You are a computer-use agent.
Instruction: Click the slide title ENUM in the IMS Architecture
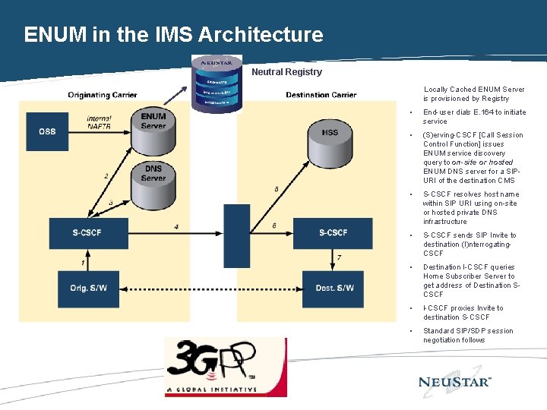pos(173,35)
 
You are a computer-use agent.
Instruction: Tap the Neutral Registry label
pos(286,72)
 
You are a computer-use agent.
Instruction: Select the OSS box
pos(47,131)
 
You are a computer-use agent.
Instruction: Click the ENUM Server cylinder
pos(153,121)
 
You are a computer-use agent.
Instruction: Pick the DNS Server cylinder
pos(153,174)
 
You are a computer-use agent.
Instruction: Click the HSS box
pos(330,133)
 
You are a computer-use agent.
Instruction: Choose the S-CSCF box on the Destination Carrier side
pos(333,232)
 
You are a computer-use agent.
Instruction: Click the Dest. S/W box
pos(334,289)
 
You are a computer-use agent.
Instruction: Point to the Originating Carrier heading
pos(103,95)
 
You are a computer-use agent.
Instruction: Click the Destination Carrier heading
pos(321,95)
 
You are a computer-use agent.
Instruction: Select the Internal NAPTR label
pos(99,122)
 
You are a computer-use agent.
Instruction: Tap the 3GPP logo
pos(225,367)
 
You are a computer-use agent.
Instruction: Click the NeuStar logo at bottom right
pos(455,381)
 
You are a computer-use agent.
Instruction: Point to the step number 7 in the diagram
pos(339,258)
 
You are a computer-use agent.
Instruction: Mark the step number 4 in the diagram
pos(176,226)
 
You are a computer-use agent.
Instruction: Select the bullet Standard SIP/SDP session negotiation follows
pos(468,336)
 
